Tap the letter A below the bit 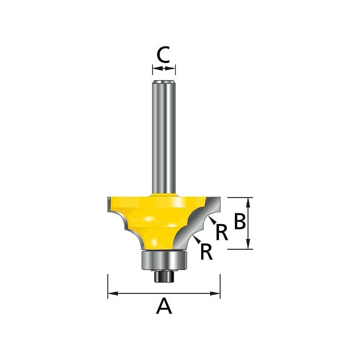pos(164,306)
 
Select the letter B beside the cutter pos(240,221)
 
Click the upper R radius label pos(222,232)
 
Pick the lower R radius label pos(206,252)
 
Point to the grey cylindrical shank pos(164,137)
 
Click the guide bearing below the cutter pos(164,261)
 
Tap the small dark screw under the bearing pos(164,276)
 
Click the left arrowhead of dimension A pos(113,293)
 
